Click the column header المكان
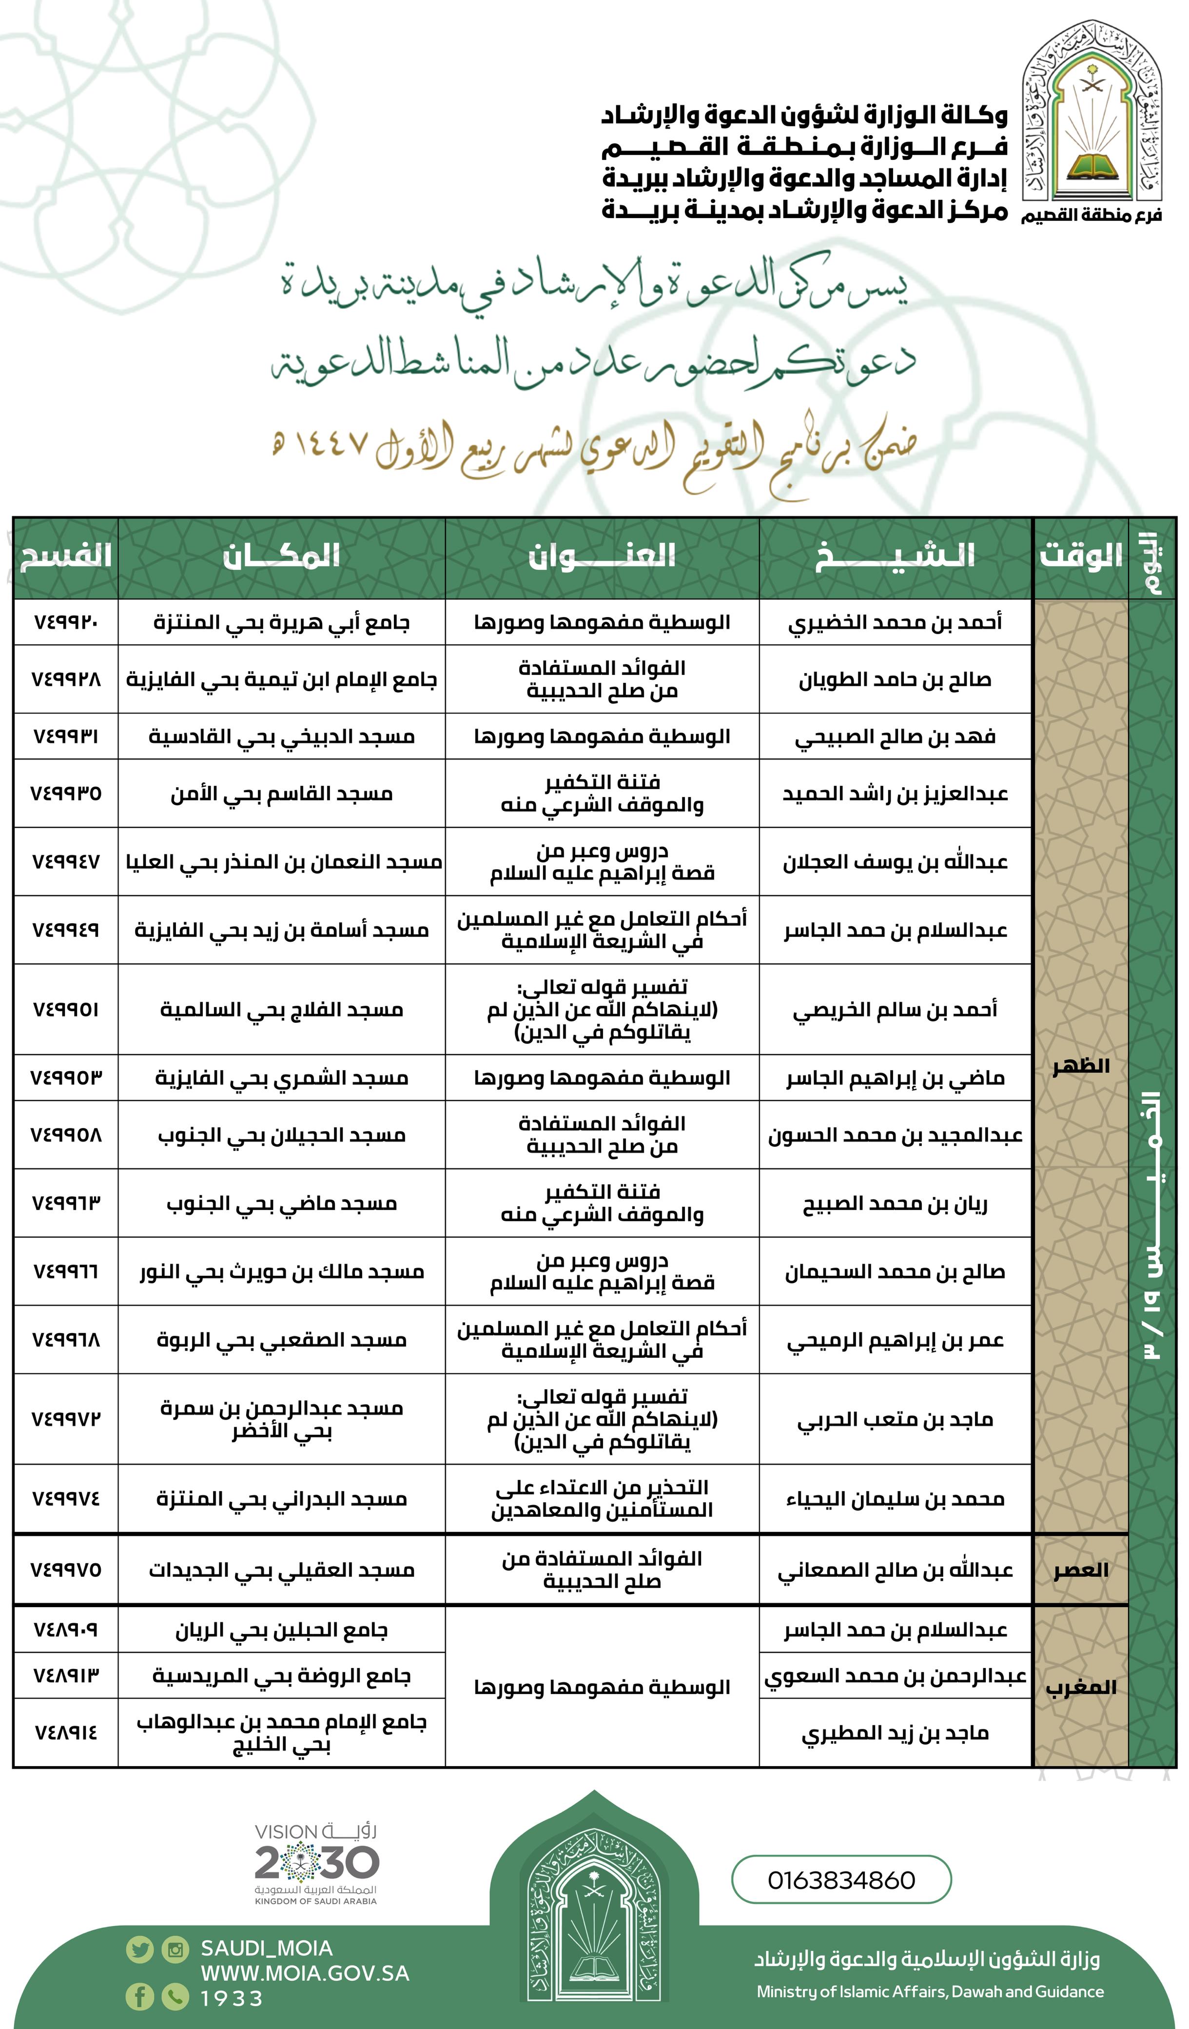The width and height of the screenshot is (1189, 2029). click(281, 557)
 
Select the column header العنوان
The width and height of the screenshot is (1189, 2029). click(602, 557)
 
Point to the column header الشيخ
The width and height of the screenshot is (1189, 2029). click(895, 557)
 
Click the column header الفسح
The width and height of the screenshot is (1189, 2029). click(65, 557)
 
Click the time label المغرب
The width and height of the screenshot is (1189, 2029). click(1080, 1688)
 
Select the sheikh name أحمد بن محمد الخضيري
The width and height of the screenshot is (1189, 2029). click(895, 622)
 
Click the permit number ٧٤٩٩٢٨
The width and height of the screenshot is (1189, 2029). click(66, 679)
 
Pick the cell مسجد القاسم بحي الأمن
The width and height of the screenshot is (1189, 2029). click(281, 794)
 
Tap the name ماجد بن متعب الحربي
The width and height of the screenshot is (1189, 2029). click(895, 1419)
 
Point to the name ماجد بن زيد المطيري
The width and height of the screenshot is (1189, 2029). click(895, 1733)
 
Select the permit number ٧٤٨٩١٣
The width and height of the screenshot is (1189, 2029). click(66, 1675)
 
